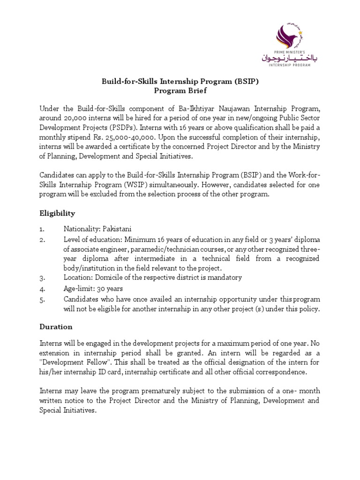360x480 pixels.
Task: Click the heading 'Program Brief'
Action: (x=180, y=90)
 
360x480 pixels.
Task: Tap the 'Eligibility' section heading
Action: (x=57, y=213)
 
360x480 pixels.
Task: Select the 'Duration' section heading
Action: (x=56, y=326)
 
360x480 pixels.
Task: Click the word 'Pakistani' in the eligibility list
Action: (x=115, y=229)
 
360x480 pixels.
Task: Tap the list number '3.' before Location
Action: (x=42, y=277)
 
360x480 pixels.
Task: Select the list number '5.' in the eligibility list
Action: (x=42, y=299)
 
